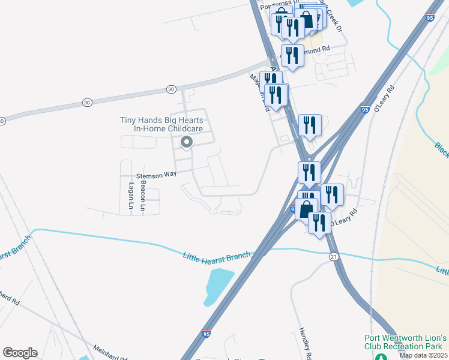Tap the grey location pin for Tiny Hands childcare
[187, 142]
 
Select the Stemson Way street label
[157, 174]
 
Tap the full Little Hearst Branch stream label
[216, 257]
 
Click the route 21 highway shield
[333, 256]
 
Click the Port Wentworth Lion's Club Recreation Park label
[406, 342]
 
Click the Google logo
[20, 353]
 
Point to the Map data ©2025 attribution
[424, 355]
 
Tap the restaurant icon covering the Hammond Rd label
[292, 56]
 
